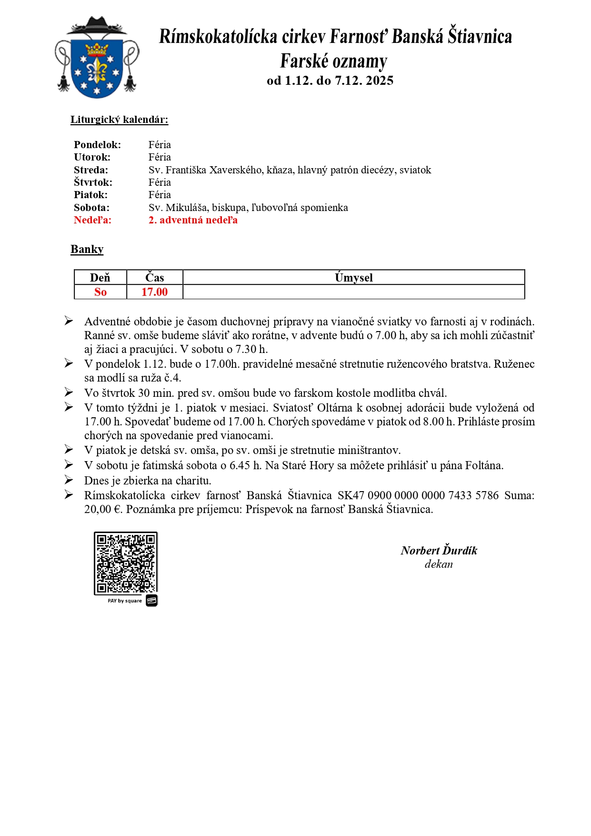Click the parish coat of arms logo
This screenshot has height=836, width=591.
point(97,58)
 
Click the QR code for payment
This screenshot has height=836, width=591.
point(126,563)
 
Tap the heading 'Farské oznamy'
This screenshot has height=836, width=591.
point(333,61)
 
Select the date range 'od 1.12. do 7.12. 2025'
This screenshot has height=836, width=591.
point(330,81)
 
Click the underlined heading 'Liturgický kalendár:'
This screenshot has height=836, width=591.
point(119,120)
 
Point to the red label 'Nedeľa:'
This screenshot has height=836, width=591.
point(92,220)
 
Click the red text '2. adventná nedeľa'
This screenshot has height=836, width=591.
point(193,220)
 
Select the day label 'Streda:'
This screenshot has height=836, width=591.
point(91,170)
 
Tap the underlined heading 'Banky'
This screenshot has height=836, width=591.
point(87,249)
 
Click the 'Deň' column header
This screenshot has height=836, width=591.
point(100,278)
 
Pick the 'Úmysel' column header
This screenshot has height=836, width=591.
point(353,278)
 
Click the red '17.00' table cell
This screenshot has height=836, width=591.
point(154,292)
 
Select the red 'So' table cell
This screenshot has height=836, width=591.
point(100,292)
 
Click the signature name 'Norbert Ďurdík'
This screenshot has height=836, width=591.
point(439,551)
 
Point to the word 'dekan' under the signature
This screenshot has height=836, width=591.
point(439,564)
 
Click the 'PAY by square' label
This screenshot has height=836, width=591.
point(125,601)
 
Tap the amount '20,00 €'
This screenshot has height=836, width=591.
point(103,509)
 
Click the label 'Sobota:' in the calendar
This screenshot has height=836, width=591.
point(91,208)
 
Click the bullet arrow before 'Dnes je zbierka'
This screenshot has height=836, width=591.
point(69,480)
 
